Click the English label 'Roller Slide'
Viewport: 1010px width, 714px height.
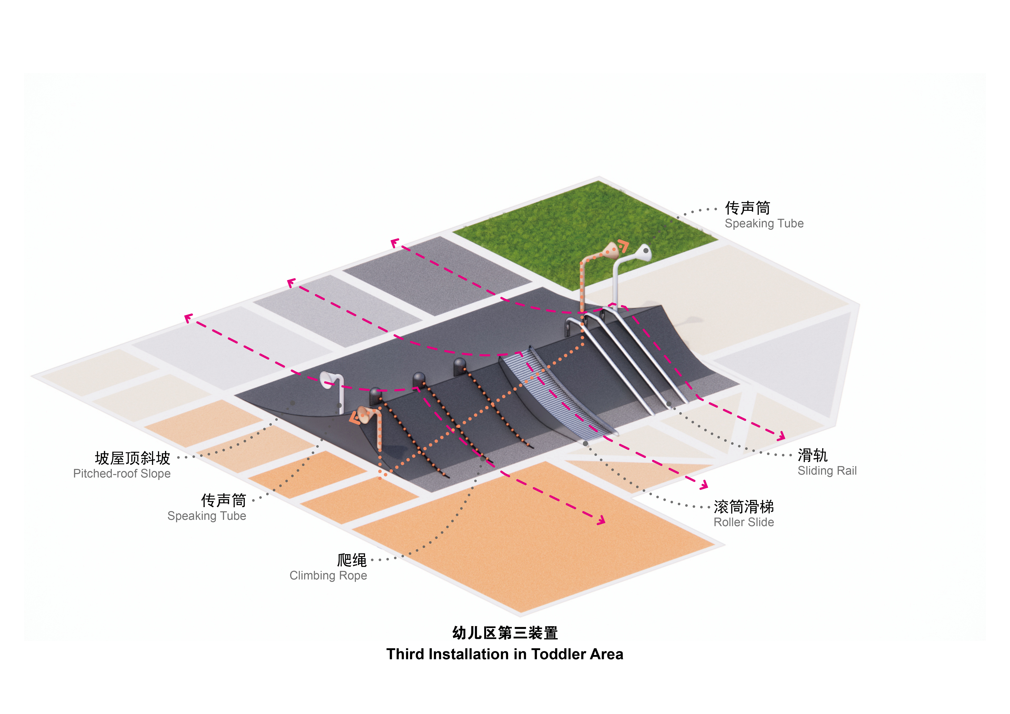click(744, 522)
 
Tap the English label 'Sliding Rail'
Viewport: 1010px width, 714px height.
click(827, 471)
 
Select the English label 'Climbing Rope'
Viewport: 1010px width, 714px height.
click(328, 576)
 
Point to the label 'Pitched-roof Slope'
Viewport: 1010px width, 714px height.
click(122, 473)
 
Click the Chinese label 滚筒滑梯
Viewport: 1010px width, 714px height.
click(744, 507)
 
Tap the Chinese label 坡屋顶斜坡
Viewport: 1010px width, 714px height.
click(132, 458)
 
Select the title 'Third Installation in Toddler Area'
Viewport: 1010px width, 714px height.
click(504, 654)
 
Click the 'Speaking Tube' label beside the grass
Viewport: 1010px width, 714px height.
click(764, 223)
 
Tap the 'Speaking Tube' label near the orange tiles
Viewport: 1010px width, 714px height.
click(207, 516)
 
